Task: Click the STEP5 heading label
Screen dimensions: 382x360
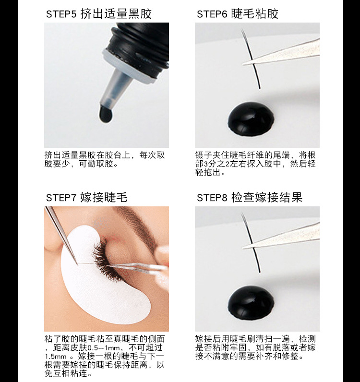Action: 98,13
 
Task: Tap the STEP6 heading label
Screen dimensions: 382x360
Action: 237,13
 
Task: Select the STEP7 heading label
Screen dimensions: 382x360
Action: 86,197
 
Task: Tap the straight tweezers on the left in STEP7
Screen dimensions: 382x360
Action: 62,235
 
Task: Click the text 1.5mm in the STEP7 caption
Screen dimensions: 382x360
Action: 55,356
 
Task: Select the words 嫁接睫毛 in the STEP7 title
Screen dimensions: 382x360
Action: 104,197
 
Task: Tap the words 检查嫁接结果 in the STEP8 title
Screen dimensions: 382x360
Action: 267,197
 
